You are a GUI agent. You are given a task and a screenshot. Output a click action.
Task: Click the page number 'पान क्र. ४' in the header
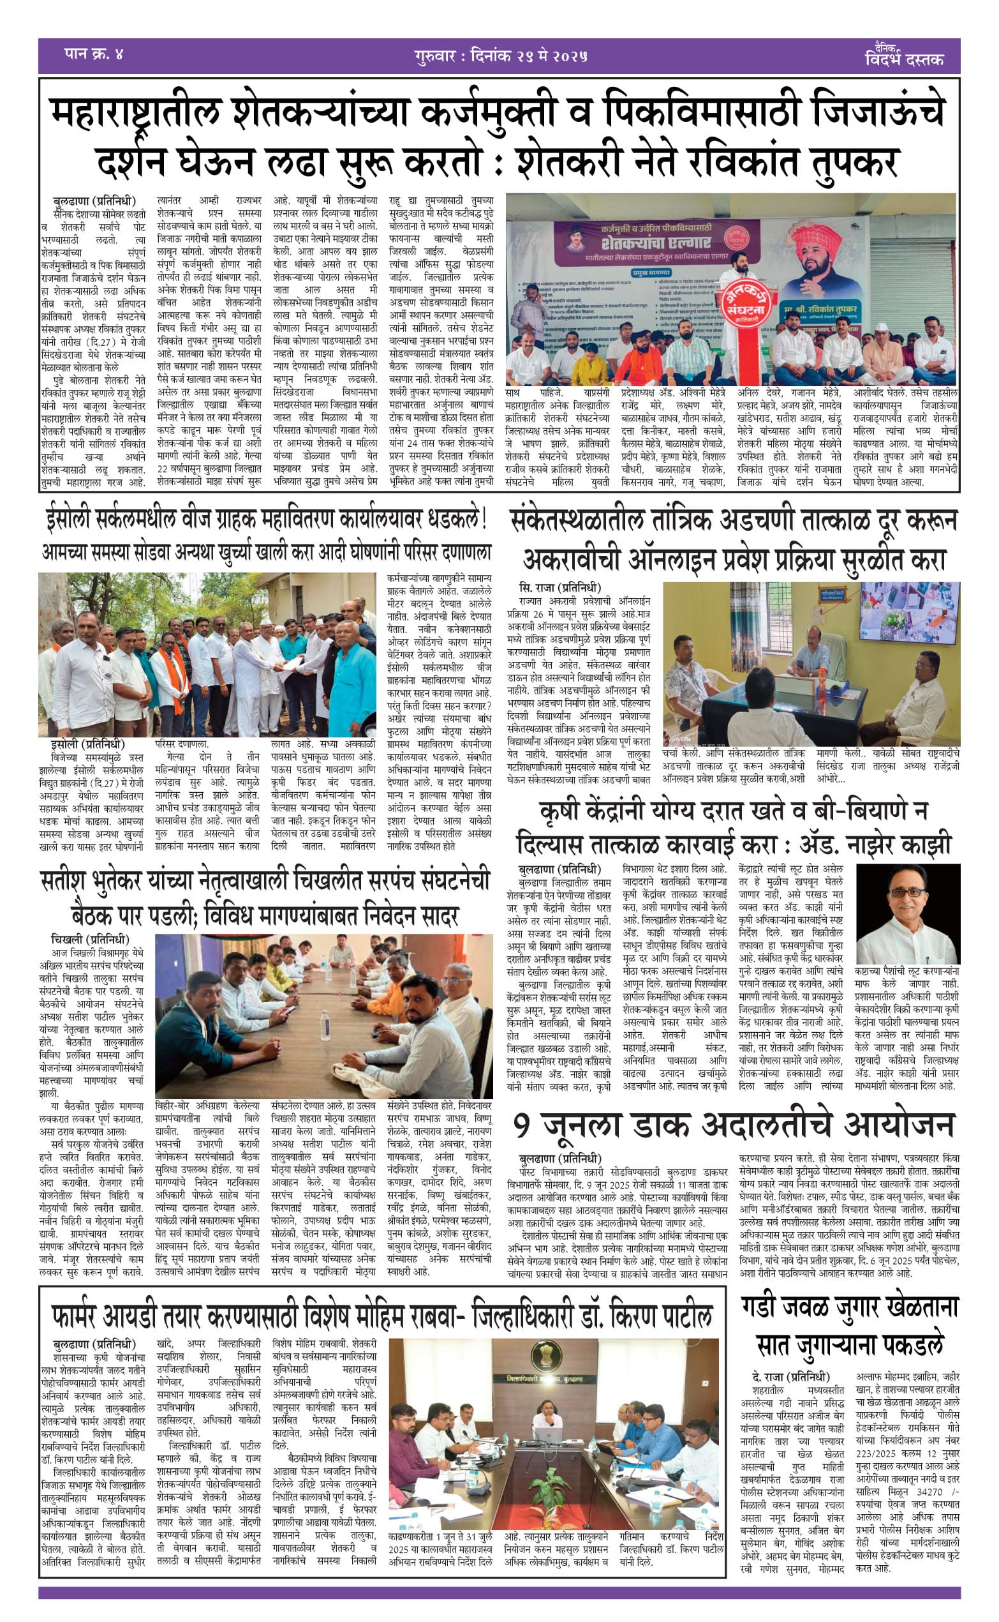pos(94,54)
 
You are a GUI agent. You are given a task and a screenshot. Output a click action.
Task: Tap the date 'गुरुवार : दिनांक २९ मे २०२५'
pos(501,56)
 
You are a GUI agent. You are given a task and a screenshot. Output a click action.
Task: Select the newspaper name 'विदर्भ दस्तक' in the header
pos(904,58)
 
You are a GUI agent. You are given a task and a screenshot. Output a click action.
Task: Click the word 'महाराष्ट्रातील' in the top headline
pos(135,114)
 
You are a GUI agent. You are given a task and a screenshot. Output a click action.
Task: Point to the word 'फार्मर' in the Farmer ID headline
pos(80,1316)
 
